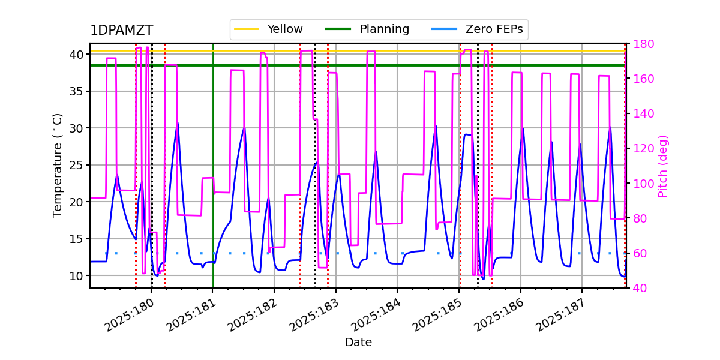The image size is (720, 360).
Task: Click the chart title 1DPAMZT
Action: [x=121, y=31]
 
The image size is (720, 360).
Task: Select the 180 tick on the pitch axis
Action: [x=641, y=44]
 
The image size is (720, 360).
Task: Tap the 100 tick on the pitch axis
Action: [x=641, y=184]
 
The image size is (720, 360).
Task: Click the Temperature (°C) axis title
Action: [x=58, y=165]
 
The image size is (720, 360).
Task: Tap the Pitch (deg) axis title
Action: [x=663, y=166]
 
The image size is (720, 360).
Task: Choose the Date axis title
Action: [x=358, y=343]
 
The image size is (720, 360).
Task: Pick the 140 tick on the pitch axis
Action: [x=641, y=113]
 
